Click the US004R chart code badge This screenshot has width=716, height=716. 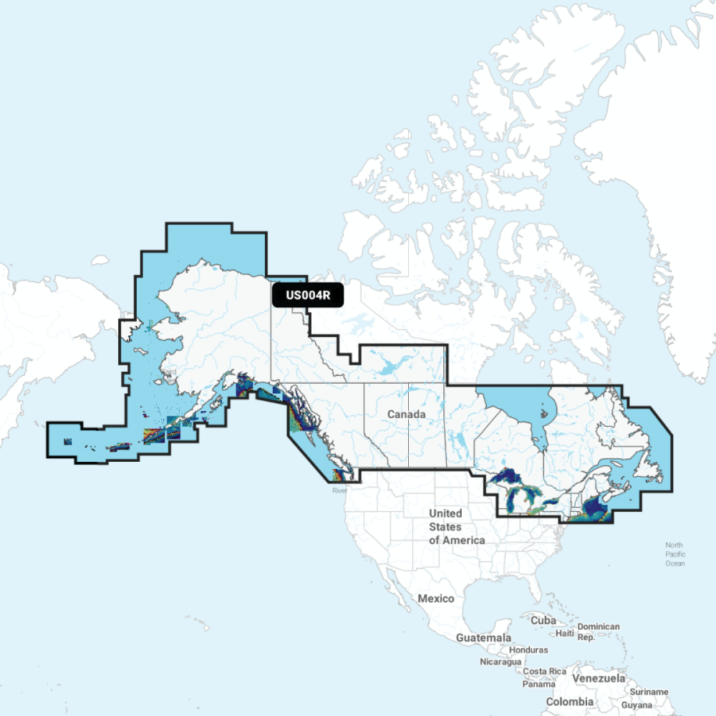coord(308,295)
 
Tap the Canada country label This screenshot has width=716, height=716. coord(407,415)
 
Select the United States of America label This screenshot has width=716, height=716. coord(456,526)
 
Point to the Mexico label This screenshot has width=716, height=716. coord(436,599)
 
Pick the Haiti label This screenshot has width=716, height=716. coord(565,633)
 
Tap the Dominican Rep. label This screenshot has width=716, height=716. coord(598,632)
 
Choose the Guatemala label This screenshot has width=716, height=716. coord(484,637)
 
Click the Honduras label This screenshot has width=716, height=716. coord(528,650)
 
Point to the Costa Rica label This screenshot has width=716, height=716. coord(544,672)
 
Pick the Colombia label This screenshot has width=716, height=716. coord(569,702)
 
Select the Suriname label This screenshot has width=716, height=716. coord(649,692)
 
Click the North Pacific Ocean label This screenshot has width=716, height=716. coord(674,554)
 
